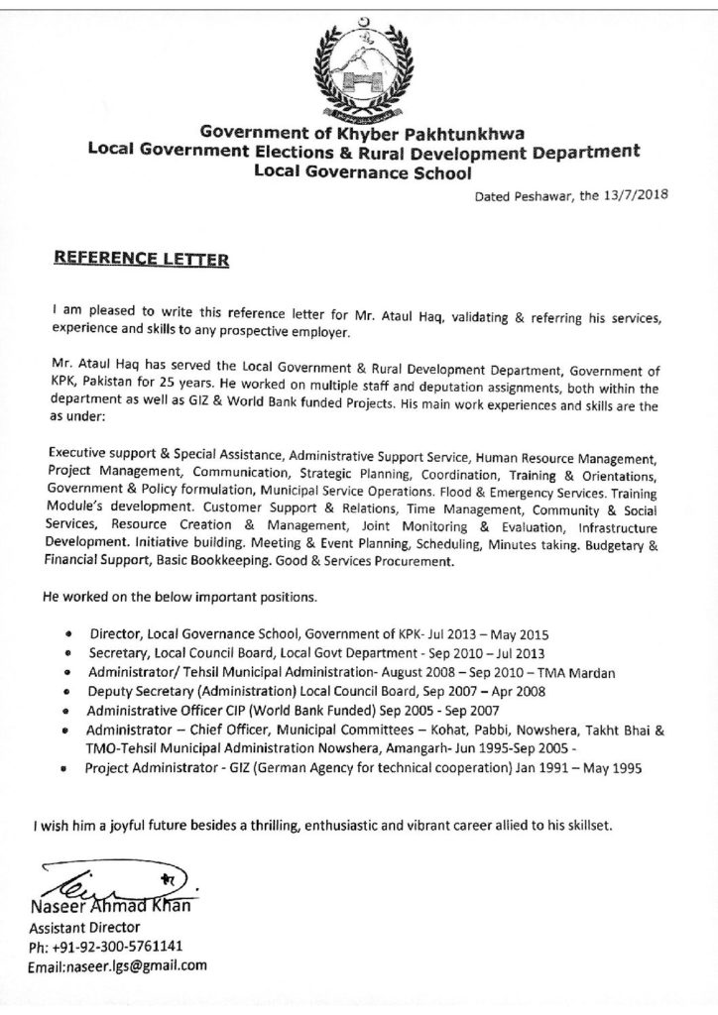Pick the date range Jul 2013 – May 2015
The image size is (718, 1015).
[490, 631]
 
